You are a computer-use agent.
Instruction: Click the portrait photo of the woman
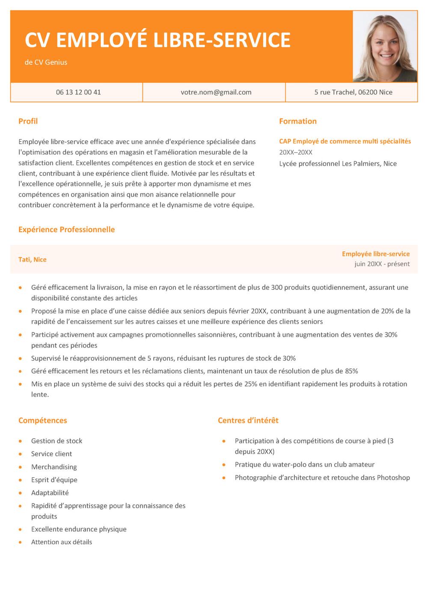384,46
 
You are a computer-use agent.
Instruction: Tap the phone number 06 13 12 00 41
78,92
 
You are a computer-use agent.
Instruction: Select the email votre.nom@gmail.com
216,92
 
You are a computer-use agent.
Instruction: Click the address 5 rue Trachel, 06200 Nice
353,92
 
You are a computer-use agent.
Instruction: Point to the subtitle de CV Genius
46,62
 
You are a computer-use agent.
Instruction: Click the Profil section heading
28,121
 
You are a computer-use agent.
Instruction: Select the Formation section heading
297,121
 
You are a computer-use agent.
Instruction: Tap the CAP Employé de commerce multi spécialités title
345,141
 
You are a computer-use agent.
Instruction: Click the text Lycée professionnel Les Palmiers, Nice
338,163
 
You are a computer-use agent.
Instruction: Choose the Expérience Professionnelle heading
66,229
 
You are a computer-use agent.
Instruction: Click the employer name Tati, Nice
33,260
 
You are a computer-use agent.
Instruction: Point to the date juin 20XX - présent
382,264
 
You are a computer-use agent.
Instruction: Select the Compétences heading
42,420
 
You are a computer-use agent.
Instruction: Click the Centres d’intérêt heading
248,420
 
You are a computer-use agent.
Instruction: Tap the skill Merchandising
54,467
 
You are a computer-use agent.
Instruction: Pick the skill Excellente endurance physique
79,529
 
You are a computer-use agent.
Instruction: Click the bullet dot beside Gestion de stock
20,441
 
